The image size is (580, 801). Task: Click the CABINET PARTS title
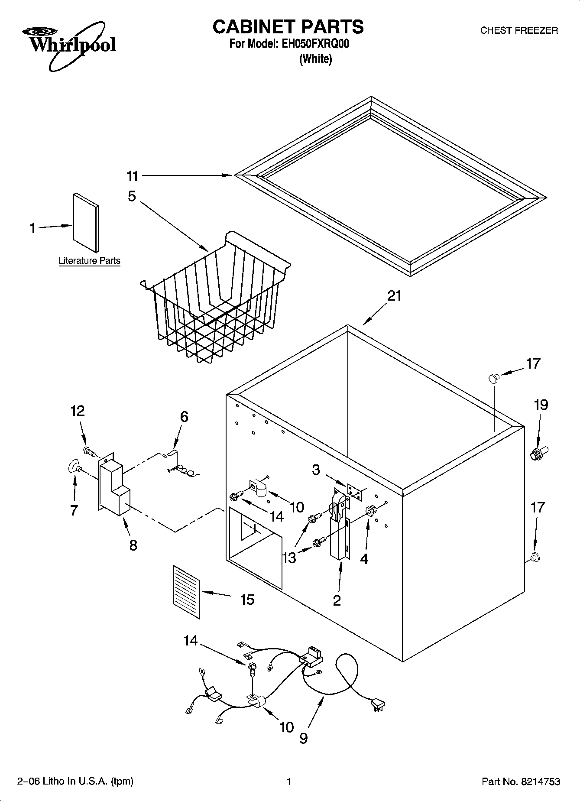point(288,27)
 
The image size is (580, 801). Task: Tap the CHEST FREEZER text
point(519,30)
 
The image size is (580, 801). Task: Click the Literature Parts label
point(89,261)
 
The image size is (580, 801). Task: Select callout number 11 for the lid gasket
point(132,176)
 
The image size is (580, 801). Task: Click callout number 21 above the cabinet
point(394,296)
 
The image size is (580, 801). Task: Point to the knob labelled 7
point(75,467)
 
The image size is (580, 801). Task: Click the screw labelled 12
point(90,451)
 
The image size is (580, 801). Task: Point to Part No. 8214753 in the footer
point(521,782)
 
